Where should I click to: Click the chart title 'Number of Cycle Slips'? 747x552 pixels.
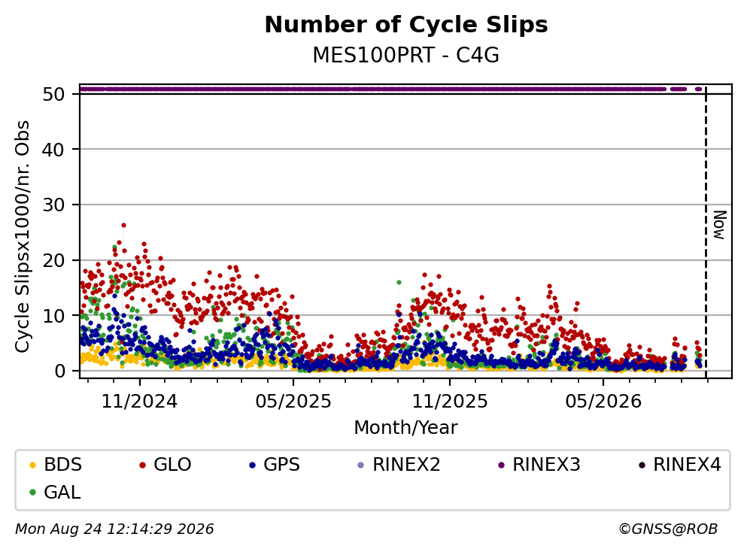(x=406, y=25)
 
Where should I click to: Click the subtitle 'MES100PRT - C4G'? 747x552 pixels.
(x=406, y=55)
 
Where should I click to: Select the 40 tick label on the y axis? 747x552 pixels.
(x=53, y=150)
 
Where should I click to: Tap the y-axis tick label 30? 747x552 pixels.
(x=53, y=205)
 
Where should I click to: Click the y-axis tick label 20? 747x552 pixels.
(x=53, y=260)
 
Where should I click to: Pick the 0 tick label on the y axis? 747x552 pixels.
(x=59, y=371)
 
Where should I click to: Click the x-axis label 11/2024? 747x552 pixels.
(x=140, y=402)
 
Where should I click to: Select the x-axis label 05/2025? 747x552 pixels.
(x=293, y=402)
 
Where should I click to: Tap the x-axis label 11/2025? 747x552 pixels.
(x=450, y=402)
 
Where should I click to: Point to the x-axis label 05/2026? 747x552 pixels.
(x=603, y=402)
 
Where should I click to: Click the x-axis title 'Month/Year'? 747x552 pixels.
(x=406, y=428)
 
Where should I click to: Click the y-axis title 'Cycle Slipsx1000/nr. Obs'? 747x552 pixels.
(x=23, y=236)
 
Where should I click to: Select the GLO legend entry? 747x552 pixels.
(x=165, y=464)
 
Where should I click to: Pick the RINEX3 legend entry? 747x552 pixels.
(x=539, y=464)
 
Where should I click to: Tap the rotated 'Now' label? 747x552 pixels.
(x=719, y=225)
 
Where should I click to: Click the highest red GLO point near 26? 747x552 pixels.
(x=123, y=226)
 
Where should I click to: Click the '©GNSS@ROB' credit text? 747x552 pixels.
(x=668, y=529)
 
